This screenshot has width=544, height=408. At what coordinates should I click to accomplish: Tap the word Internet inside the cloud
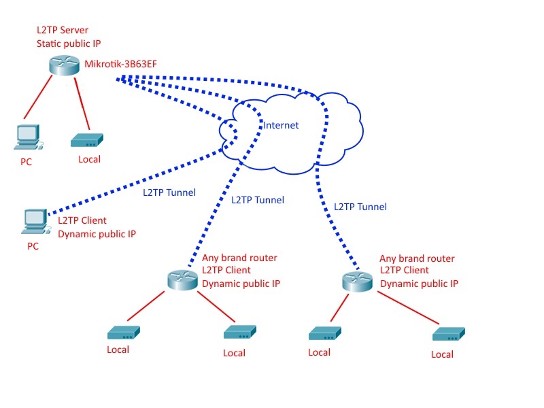point(281,125)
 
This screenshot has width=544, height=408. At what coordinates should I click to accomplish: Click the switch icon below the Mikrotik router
point(86,141)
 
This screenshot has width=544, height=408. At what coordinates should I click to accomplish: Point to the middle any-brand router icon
point(182,280)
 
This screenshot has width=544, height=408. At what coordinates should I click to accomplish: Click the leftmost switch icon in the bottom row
point(123,333)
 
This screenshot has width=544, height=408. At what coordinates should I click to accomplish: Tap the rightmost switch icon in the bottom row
point(449,335)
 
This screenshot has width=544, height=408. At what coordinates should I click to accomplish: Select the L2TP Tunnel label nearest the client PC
point(169,192)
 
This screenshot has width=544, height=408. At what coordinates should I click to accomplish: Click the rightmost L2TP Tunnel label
point(360,207)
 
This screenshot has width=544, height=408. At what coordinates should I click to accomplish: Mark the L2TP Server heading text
point(63,31)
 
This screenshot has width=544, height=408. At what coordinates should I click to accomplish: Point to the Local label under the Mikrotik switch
point(89,159)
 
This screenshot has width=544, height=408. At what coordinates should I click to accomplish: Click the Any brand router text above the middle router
point(239,258)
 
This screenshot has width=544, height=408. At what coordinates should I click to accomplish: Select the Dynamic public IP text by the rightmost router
point(419,284)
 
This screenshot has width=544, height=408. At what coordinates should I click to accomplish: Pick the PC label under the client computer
point(33,246)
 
